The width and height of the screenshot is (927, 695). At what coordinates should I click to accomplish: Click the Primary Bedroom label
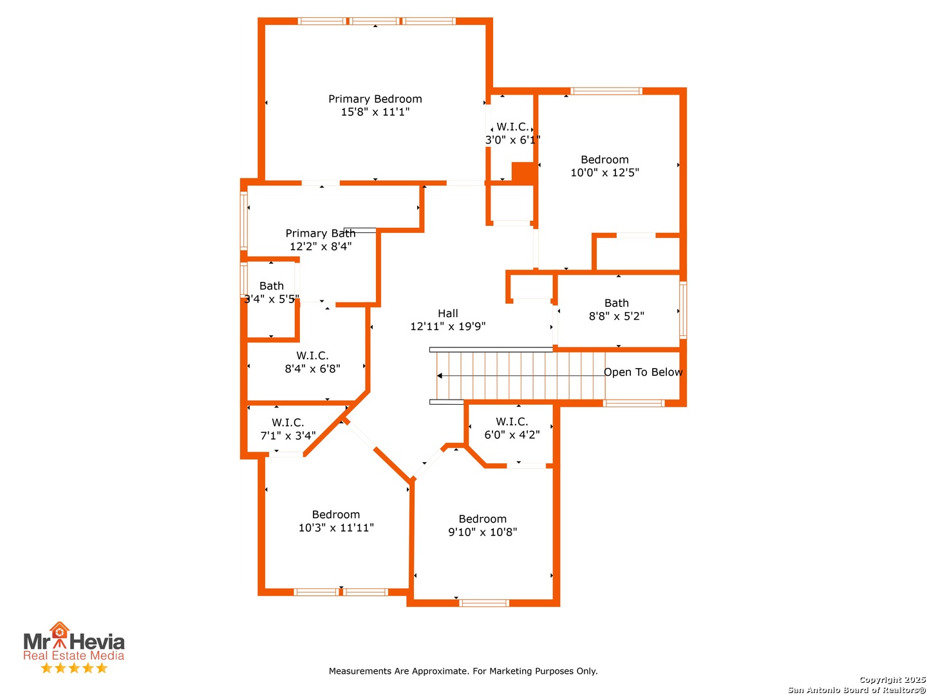pos(375,99)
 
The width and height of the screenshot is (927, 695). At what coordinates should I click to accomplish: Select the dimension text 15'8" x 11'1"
pos(375,112)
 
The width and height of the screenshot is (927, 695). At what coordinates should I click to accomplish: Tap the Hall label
pos(447,313)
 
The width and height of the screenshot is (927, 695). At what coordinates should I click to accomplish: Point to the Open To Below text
pos(642,372)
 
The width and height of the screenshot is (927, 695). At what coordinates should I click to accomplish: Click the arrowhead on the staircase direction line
pos(439,376)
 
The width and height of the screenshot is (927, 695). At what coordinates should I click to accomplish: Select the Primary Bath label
pos(320,234)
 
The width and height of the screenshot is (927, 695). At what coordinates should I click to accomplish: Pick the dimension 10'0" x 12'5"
pos(604,172)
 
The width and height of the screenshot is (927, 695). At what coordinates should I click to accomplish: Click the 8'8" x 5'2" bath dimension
pos(617,316)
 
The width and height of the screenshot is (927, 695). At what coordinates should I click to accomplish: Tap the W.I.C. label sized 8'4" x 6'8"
pos(312,356)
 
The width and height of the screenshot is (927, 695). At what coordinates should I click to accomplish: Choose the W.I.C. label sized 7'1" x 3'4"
pos(288,423)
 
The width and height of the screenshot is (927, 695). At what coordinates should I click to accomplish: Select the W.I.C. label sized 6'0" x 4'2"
pos(512,422)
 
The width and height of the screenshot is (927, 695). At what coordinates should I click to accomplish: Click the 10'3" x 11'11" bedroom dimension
pos(336,528)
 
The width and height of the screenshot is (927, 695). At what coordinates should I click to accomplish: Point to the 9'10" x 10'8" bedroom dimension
pos(483,532)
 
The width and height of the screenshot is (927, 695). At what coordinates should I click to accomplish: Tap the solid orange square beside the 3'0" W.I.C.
pos(523,172)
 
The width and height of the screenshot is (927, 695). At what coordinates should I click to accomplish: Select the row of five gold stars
pos(74,668)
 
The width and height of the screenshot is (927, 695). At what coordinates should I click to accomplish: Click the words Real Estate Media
pos(74,655)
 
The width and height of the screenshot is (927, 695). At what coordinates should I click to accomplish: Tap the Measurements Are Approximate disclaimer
pos(464,671)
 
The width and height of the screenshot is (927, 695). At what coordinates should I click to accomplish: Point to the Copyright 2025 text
pos(892,680)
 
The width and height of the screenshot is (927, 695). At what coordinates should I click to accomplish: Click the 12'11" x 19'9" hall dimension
pos(447,326)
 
